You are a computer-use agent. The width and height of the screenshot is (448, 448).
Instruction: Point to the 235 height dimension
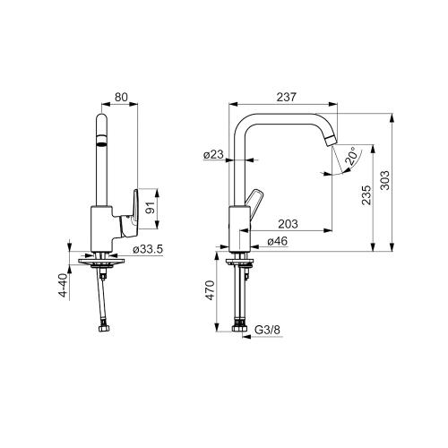(x=366, y=196)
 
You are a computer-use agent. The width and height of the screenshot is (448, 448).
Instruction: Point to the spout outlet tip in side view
(x=332, y=138)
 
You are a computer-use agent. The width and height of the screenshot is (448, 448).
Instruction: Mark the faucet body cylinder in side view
(x=239, y=228)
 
